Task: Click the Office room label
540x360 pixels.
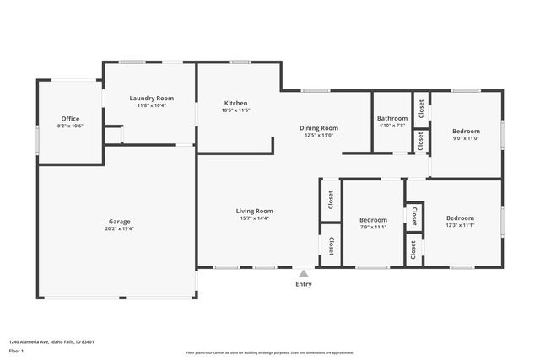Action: point(70,119)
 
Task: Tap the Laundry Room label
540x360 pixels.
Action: point(152,99)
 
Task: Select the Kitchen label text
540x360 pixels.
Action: point(235,103)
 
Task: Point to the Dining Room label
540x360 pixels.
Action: point(318,128)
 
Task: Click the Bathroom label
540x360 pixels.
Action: point(392,118)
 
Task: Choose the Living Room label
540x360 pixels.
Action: point(253,211)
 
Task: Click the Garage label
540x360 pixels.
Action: point(119,221)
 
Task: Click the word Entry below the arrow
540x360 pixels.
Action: point(304,284)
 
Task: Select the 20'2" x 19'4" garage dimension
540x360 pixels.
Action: point(119,228)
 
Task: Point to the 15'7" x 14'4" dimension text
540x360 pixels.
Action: point(253,218)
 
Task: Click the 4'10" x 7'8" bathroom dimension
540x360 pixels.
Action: point(392,126)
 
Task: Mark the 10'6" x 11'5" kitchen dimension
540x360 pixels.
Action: point(235,110)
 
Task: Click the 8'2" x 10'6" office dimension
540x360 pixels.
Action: point(70,126)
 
